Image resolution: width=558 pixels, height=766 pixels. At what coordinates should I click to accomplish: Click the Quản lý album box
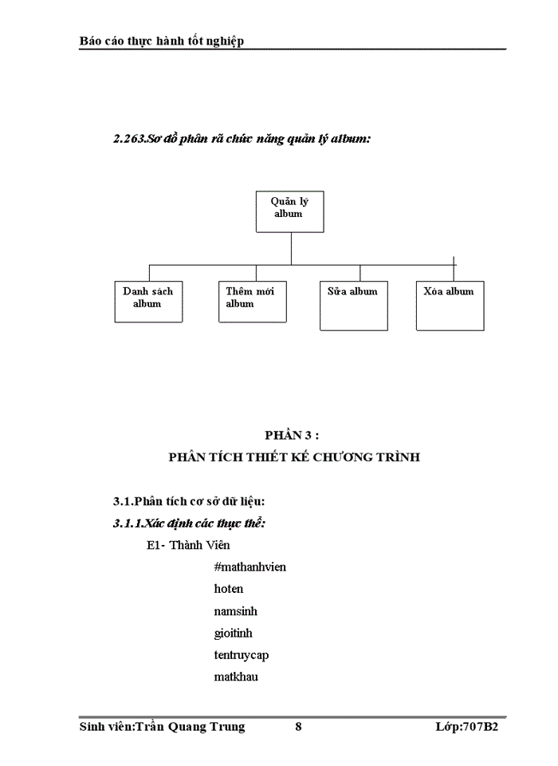(x=289, y=211)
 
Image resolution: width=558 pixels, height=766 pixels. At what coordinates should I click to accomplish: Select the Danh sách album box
(x=148, y=301)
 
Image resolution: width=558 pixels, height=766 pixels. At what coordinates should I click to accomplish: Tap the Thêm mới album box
(x=252, y=301)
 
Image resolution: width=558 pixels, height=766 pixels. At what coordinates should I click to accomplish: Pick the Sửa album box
(x=353, y=305)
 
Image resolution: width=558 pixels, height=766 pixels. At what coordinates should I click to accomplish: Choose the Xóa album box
(x=450, y=305)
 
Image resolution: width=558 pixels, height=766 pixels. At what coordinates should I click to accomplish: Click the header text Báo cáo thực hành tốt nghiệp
(x=162, y=41)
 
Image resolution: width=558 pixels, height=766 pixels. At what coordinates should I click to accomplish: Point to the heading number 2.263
(x=129, y=139)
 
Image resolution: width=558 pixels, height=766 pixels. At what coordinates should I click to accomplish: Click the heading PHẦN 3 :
(x=293, y=435)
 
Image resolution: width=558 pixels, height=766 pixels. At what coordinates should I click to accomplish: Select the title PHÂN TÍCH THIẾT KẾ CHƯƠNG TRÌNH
(x=294, y=457)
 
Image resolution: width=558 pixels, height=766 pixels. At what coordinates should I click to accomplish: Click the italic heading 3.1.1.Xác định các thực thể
(x=189, y=523)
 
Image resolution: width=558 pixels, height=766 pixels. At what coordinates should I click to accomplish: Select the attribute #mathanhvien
(x=250, y=567)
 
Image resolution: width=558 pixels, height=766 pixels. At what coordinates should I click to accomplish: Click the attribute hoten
(x=229, y=589)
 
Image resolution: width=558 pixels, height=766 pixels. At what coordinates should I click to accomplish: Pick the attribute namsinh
(x=235, y=611)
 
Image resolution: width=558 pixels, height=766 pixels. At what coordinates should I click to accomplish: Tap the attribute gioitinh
(x=234, y=633)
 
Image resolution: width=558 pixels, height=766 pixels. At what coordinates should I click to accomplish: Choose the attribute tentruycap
(x=242, y=655)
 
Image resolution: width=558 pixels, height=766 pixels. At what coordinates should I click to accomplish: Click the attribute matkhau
(x=236, y=677)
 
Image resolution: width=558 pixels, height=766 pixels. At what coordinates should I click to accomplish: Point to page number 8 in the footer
(x=298, y=727)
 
